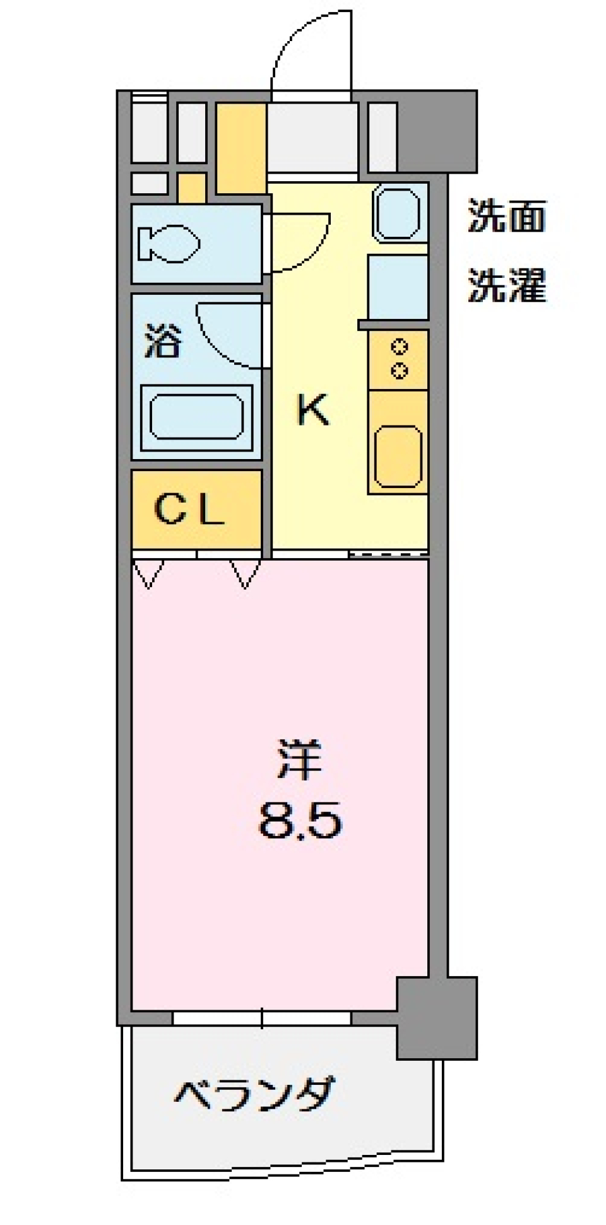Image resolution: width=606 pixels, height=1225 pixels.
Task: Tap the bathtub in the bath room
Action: pyautogui.click(x=196, y=417)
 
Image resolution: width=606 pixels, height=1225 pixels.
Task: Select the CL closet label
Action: pyautogui.click(x=189, y=510)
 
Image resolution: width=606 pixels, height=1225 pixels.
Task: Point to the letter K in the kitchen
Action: pyautogui.click(x=313, y=409)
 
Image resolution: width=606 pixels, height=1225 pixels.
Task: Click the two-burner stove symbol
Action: pyautogui.click(x=398, y=359)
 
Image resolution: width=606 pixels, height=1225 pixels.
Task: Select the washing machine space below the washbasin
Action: pyautogui.click(x=398, y=287)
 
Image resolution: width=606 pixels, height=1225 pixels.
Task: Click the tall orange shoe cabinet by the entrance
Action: pyautogui.click(x=241, y=148)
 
